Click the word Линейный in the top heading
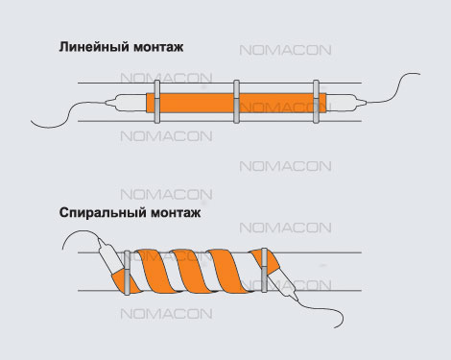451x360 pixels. [94, 47]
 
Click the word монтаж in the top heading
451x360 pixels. [158, 47]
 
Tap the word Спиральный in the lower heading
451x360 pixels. [103, 213]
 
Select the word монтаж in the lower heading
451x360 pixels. [176, 213]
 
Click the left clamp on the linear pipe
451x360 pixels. [156, 102]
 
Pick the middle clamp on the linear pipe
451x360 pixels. [236, 102]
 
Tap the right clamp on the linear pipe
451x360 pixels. [316, 102]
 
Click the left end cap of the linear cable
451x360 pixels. [126, 103]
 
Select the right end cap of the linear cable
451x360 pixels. [346, 103]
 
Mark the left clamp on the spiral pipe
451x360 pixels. [127, 273]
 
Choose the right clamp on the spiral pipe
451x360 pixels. [264, 270]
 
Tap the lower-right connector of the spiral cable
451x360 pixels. [284, 284]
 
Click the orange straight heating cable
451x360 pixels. [236, 103]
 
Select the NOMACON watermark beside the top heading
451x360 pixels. [285, 50]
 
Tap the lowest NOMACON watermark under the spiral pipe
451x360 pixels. [166, 314]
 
